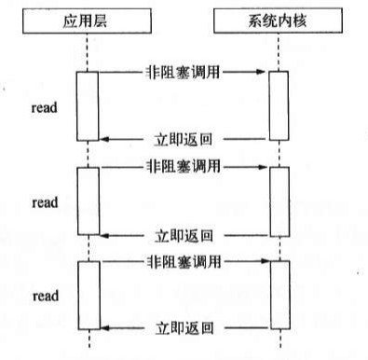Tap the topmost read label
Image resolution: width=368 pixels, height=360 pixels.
point(44,105)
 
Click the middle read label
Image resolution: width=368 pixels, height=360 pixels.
point(44,201)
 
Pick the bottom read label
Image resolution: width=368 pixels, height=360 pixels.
point(44,296)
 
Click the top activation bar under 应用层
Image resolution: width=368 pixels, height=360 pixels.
point(87,105)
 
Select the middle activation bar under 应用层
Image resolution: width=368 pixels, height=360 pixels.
point(87,201)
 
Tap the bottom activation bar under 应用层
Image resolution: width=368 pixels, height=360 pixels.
point(87,296)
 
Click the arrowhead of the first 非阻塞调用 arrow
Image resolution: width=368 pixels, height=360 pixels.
point(265,71)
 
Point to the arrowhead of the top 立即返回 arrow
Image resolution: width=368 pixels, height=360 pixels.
point(103,140)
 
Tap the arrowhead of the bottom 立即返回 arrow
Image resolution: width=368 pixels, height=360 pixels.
point(103,329)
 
